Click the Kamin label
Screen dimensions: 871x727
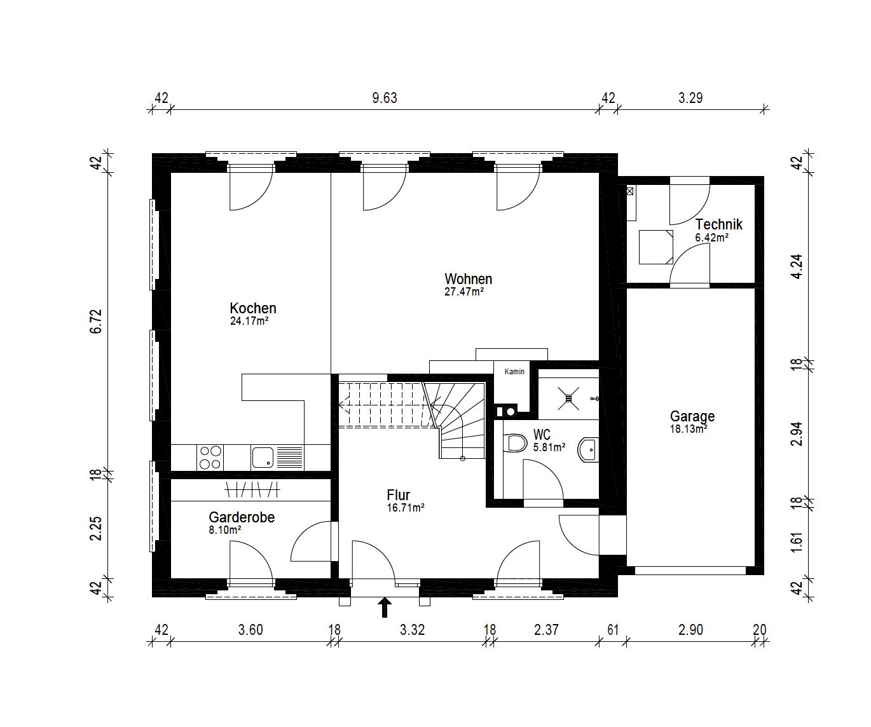514,371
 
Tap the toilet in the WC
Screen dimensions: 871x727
515,443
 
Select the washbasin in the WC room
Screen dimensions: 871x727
588,450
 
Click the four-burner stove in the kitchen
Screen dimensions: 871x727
210,458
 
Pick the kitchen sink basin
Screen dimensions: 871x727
263,458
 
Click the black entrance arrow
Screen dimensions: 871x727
385,608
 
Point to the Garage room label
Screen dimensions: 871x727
692,416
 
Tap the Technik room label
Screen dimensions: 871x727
719,224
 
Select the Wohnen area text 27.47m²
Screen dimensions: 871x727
464,292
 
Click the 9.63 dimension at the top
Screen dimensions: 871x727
385,98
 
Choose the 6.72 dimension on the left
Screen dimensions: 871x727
96,321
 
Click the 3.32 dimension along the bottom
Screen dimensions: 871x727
412,630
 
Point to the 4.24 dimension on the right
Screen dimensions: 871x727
797,266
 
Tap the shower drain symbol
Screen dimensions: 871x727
568,398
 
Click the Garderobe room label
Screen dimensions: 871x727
242,517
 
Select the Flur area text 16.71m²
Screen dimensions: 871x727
406,508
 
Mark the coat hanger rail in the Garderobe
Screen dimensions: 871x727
252,489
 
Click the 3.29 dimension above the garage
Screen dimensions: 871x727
690,98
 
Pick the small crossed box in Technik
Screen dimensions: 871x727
630,191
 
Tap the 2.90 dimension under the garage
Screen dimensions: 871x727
690,630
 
